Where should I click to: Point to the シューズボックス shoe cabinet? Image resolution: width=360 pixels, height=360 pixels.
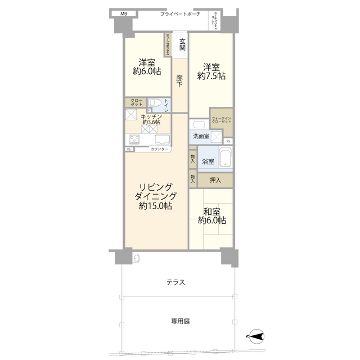[167, 44]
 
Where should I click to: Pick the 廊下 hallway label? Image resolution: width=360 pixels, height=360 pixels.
[179, 80]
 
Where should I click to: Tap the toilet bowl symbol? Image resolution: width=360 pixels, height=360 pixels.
[156, 103]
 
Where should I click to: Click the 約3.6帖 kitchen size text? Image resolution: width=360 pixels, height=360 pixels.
[151, 121]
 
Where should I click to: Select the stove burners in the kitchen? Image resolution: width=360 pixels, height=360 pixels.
[136, 140]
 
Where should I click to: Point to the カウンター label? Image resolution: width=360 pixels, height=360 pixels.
[159, 150]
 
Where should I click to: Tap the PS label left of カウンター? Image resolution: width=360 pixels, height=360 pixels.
[129, 150]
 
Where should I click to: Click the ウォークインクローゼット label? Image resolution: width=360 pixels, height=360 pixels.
[221, 120]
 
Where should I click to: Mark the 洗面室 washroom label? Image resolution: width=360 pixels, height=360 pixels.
[201, 137]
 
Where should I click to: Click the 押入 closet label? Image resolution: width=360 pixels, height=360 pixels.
[215, 180]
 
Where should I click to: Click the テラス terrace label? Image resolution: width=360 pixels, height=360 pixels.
[175, 282]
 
